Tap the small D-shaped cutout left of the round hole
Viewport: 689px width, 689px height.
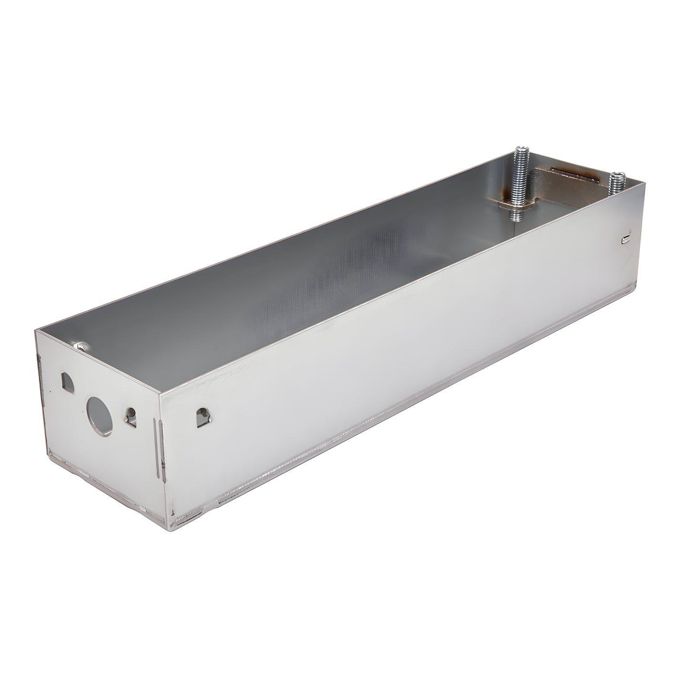[x=66, y=381]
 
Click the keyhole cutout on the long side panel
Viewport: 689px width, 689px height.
[x=202, y=418]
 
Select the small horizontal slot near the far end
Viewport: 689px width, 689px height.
[x=627, y=237]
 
